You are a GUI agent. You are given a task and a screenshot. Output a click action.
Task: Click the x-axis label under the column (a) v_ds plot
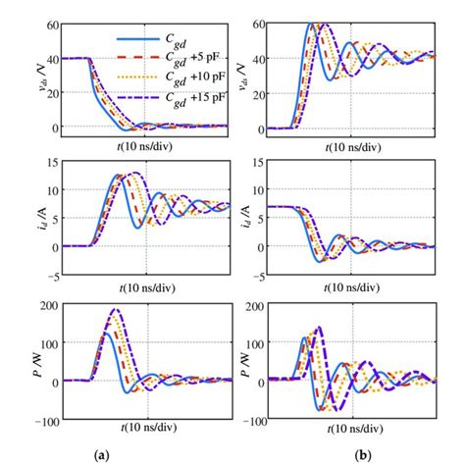145,146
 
